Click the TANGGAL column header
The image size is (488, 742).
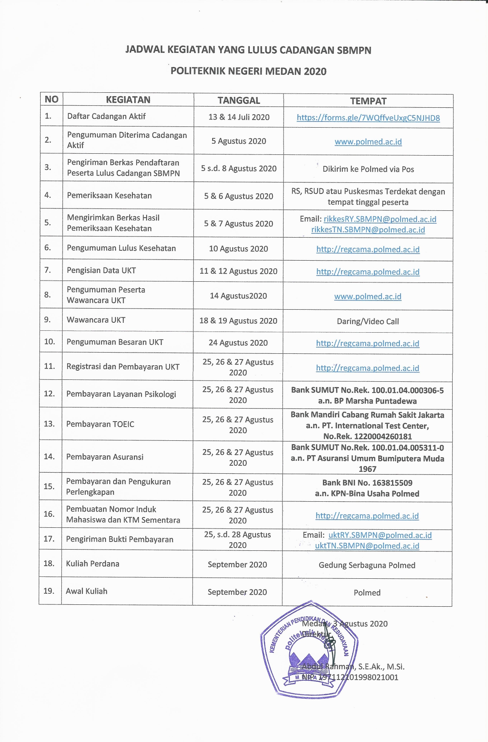239,100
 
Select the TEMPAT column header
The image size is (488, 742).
368,101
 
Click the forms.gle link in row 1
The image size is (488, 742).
368,118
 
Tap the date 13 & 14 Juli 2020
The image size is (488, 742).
239,117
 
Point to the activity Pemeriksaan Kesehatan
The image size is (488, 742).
109,195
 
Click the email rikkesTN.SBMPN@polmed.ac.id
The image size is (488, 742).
368,230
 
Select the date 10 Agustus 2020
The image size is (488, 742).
238,249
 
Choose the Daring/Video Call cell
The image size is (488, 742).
368,322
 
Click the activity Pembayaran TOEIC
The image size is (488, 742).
100,424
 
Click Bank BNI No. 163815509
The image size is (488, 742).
367,483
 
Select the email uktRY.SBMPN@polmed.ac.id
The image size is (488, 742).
380,535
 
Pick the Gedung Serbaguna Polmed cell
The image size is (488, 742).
367,565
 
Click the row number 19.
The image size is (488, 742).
49,591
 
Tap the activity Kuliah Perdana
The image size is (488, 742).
92,564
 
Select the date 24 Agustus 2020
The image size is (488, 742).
238,343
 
